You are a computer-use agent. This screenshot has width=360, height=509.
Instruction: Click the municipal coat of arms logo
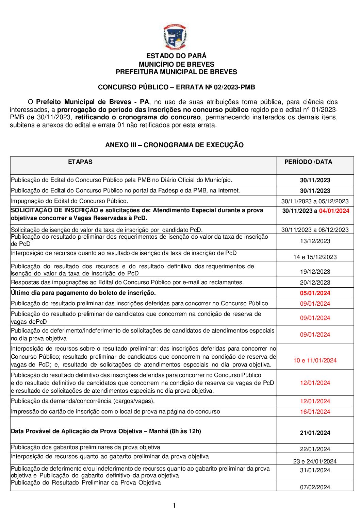175,37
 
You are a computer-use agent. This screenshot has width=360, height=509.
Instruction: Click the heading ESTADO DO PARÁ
176,56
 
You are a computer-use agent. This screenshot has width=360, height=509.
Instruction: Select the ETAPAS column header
80,162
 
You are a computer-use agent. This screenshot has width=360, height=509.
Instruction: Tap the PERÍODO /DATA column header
308,162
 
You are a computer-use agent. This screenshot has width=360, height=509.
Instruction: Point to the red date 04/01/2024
334,211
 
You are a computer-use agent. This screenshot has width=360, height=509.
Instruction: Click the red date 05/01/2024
315,293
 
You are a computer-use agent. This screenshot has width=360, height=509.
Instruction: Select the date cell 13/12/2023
315,241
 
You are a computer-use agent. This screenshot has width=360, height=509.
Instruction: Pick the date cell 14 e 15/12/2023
315,257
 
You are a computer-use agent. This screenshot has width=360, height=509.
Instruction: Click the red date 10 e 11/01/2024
315,360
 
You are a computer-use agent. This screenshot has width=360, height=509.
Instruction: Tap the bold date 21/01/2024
315,433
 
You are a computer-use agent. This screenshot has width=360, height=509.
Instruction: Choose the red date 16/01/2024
315,412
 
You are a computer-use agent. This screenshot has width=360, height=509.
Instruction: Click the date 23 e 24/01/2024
315,461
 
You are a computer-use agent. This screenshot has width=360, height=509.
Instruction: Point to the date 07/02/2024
315,487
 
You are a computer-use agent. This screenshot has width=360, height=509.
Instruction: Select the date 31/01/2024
315,470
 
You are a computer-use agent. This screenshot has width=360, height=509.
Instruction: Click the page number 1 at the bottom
174,505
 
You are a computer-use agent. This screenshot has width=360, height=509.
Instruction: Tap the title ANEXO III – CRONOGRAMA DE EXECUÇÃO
174,145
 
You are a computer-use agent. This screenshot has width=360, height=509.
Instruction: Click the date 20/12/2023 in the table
315,283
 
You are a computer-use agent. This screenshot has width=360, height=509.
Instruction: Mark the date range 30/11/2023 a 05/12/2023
315,201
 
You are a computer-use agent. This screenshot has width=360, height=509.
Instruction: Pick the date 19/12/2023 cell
315,272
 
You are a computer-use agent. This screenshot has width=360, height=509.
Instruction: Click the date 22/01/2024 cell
315,449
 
